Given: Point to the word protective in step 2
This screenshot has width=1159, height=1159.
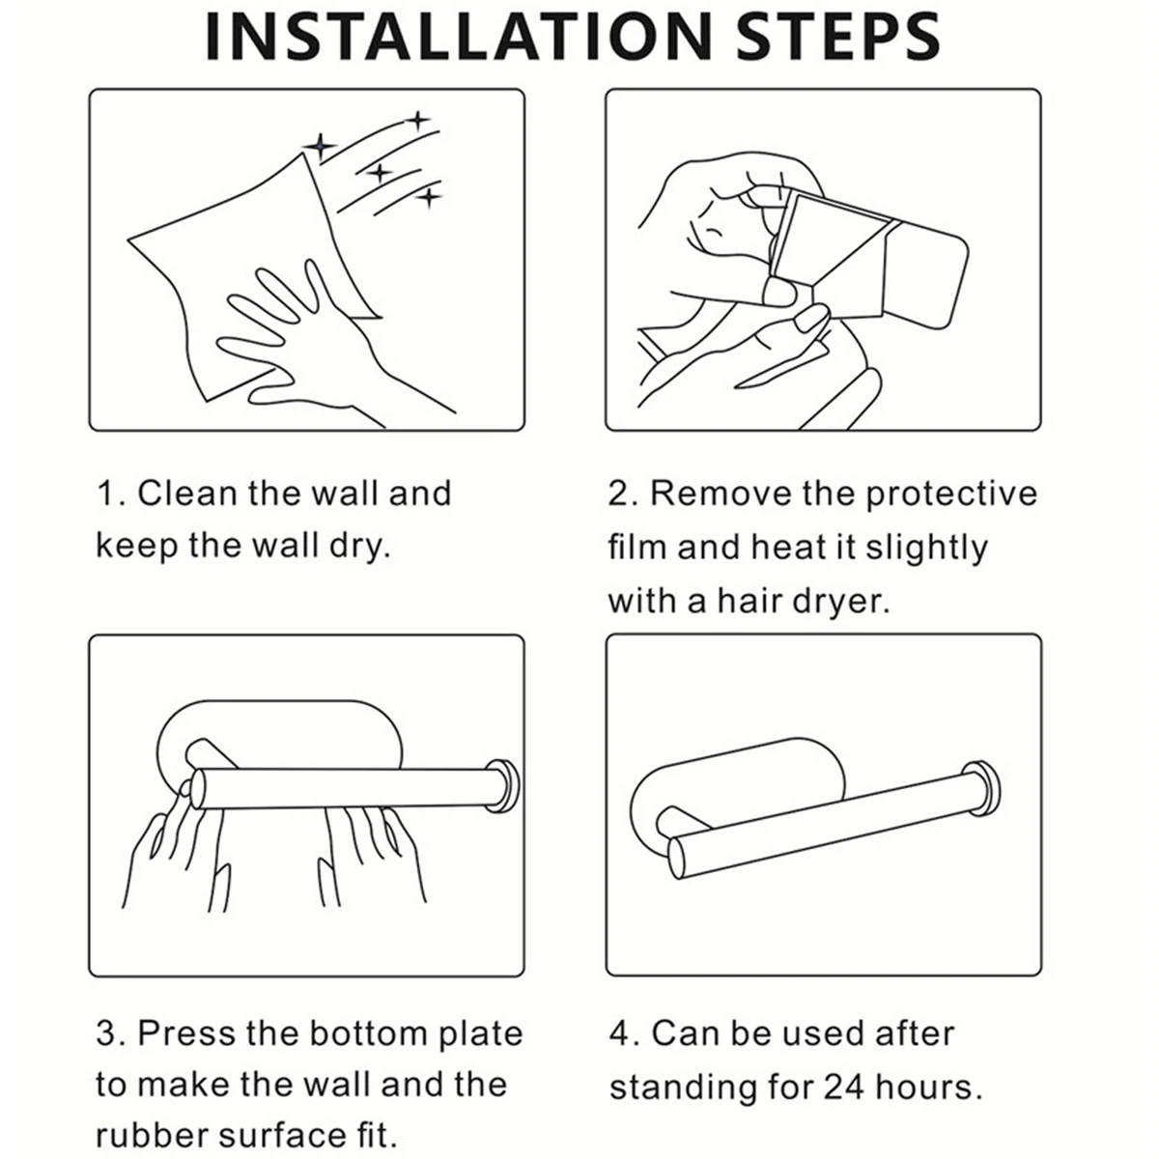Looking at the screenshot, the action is (952, 495).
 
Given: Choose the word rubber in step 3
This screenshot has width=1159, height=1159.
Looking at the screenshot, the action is (152, 1136).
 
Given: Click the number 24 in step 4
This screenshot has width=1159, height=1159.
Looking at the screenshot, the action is (845, 1087).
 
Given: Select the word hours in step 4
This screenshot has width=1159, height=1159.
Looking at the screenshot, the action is (922, 1087).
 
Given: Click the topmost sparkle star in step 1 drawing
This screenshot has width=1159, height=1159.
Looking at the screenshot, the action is (418, 121).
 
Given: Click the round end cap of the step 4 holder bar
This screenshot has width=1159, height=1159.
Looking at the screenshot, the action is (981, 792).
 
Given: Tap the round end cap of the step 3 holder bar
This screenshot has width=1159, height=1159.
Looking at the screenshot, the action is (501, 786).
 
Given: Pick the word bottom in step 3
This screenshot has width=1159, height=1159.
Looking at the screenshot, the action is (369, 1033).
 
